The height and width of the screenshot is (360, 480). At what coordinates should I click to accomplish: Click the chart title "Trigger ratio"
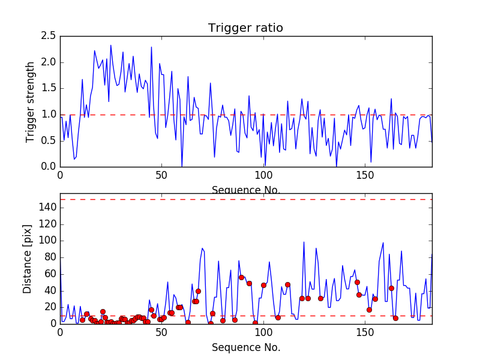coord(245,28)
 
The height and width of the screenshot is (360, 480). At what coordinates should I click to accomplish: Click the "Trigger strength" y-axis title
coord(31,101)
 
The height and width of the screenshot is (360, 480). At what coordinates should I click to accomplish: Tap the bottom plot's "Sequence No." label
coord(245,347)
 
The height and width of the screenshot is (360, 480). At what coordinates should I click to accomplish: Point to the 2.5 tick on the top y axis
coord(49,36)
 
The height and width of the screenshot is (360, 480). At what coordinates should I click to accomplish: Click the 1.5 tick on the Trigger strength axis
coord(49,88)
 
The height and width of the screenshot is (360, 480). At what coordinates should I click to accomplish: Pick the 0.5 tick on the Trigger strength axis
coord(49,140)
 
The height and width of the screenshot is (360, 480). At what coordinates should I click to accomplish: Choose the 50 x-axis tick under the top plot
coord(161,177)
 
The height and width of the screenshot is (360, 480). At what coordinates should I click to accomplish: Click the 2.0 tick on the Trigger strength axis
coord(49,62)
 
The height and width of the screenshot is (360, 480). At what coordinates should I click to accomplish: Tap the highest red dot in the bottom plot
coord(241,277)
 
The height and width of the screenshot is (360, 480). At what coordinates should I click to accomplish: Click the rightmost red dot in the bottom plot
coord(395,318)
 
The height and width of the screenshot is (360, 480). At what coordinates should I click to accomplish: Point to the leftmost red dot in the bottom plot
coord(82,320)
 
